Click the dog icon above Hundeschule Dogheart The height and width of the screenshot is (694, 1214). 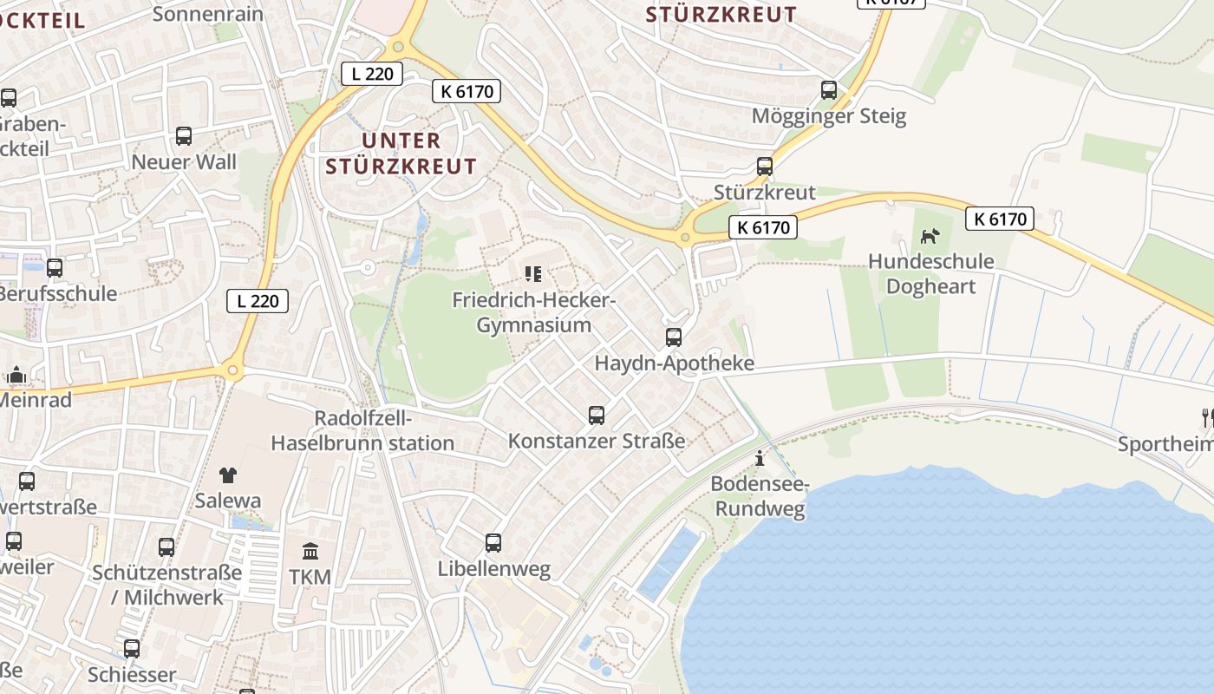[x=930, y=236]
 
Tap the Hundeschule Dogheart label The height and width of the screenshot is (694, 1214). [x=930, y=274]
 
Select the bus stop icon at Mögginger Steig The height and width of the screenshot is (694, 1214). [x=829, y=90]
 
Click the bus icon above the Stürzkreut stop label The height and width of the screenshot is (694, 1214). [x=765, y=167]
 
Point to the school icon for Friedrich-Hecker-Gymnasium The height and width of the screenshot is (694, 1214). [x=533, y=275]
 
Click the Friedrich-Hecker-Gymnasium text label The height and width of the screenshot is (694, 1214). [x=534, y=313]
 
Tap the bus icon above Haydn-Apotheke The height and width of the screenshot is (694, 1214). [x=674, y=337]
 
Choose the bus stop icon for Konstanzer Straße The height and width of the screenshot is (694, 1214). [x=597, y=416]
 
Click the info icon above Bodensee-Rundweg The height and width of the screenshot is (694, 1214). [x=760, y=459]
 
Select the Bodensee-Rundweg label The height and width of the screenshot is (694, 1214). [x=760, y=496]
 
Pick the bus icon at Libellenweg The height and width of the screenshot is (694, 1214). [x=493, y=543]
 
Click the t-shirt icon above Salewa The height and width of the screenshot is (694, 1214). [x=228, y=475]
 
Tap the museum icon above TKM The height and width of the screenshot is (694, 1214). [x=310, y=551]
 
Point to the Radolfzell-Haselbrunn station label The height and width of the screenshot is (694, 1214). [x=362, y=430]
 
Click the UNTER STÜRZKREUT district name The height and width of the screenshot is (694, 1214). [x=401, y=154]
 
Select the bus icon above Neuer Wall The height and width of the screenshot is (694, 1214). [x=184, y=136]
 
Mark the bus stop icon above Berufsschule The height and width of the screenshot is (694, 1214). [x=55, y=268]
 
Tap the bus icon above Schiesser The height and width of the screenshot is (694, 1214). [x=132, y=649]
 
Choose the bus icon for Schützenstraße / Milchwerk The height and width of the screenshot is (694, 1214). [x=166, y=547]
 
